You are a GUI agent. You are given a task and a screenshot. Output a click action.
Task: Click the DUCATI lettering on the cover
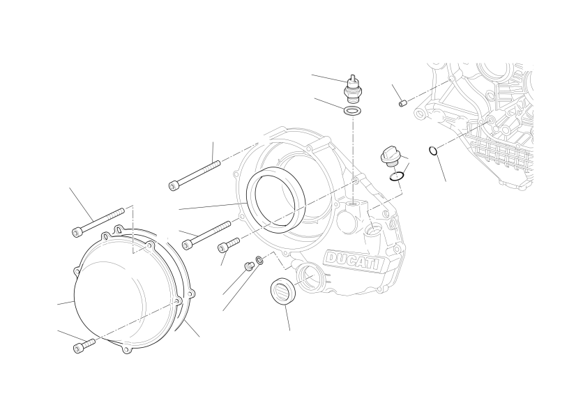click(x=354, y=261)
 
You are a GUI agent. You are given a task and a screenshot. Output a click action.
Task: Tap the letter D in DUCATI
click(x=331, y=257)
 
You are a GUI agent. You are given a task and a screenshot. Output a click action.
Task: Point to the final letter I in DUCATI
click(x=379, y=265)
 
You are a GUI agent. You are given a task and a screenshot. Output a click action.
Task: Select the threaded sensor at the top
click(x=352, y=89)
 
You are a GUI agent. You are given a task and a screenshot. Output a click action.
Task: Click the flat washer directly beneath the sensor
click(x=351, y=111)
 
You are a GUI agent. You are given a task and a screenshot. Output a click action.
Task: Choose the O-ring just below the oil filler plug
click(x=396, y=177)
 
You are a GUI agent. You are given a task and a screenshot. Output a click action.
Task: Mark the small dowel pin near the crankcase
click(x=402, y=102)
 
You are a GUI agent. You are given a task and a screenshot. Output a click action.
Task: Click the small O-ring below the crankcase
click(x=432, y=151)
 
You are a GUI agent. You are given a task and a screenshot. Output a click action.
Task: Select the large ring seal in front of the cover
click(x=275, y=200)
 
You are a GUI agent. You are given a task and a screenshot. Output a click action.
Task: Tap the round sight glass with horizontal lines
click(x=283, y=291)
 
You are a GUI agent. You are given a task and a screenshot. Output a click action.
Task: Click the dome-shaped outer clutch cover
click(x=126, y=290)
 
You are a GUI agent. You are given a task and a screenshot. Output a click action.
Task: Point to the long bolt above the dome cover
click(x=98, y=222)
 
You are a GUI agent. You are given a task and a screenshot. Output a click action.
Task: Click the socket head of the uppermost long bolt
click(x=174, y=185)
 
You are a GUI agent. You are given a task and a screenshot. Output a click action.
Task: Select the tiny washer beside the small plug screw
click(x=259, y=259)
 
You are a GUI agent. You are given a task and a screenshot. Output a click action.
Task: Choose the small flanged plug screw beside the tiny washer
click(x=248, y=266)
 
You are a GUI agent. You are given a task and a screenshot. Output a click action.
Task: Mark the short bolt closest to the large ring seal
click(x=228, y=244)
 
